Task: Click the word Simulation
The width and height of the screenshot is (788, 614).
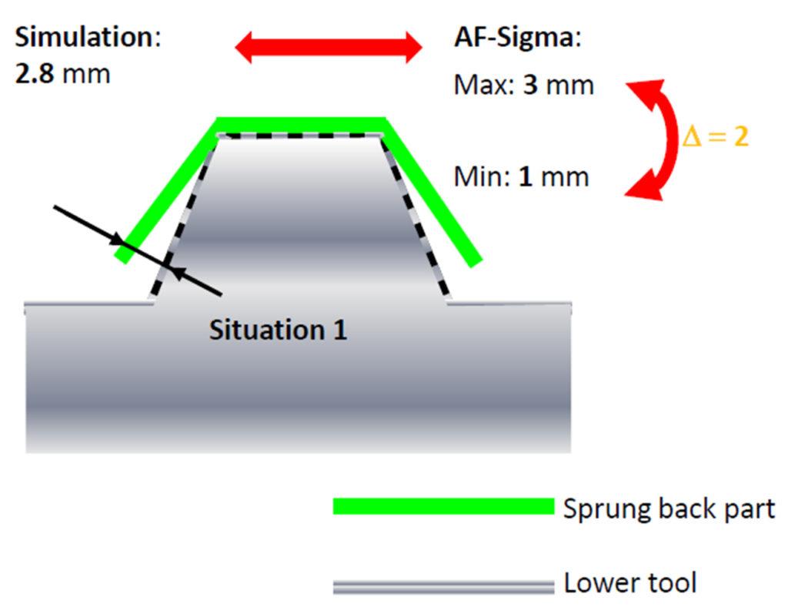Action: (x=85, y=38)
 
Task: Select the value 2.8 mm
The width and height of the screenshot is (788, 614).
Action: (x=62, y=74)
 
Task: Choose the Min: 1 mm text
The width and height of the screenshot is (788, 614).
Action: (x=521, y=177)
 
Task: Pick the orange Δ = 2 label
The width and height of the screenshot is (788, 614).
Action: (x=716, y=137)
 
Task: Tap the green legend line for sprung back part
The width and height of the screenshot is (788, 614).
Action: (x=442, y=506)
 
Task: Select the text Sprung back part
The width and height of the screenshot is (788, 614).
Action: (x=669, y=508)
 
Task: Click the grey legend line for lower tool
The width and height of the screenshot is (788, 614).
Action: (x=442, y=587)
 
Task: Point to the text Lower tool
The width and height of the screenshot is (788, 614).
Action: (x=629, y=583)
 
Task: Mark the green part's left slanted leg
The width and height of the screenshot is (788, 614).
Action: (x=166, y=193)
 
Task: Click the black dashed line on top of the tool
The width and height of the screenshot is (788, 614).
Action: (x=301, y=136)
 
